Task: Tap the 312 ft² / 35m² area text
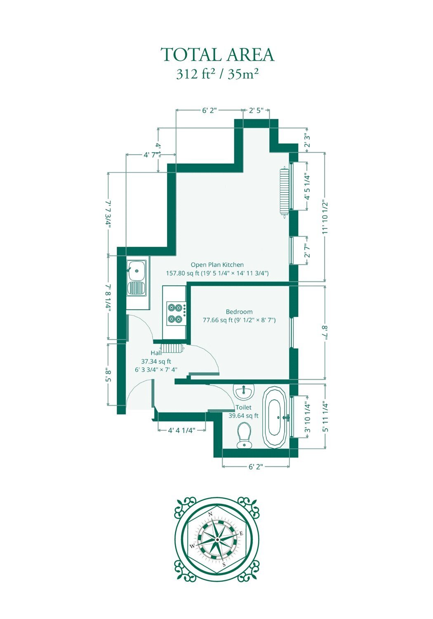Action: (218, 75)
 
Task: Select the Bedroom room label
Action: (239, 312)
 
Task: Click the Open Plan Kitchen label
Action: (217, 265)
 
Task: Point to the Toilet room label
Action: (243, 407)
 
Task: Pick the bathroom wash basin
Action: (243, 392)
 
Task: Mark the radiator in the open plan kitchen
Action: (284, 192)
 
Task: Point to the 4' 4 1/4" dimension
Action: (182, 430)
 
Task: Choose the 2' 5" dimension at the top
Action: (256, 111)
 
